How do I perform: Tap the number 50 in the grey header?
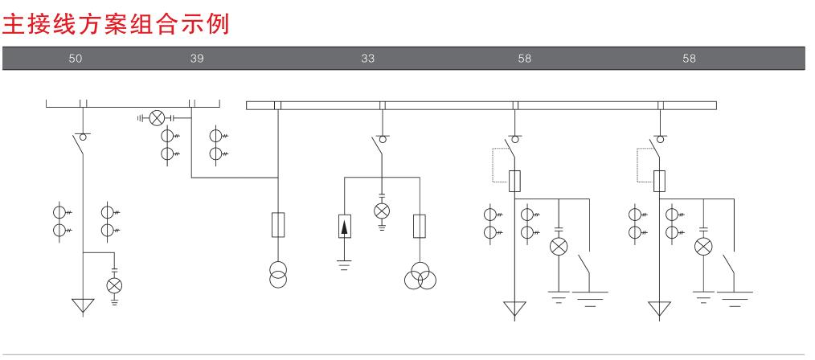[75, 59]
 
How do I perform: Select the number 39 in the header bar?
[197, 59]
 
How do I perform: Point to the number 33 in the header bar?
[368, 59]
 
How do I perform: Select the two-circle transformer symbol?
[278, 273]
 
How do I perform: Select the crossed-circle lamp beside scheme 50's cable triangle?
[114, 285]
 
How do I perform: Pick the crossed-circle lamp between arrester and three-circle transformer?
[383, 210]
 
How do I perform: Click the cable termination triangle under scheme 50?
[83, 306]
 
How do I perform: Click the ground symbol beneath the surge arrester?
[345, 265]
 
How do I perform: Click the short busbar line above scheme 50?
[133, 105]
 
